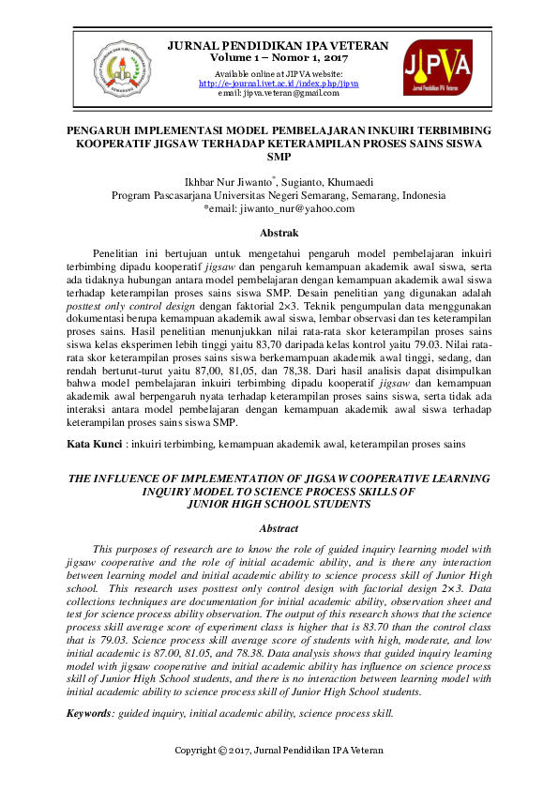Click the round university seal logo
(122, 68)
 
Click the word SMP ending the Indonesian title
(279, 159)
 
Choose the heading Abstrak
(279, 232)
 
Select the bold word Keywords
(89, 714)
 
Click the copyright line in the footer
(279, 751)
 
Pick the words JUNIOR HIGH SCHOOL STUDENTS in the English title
(279, 504)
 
